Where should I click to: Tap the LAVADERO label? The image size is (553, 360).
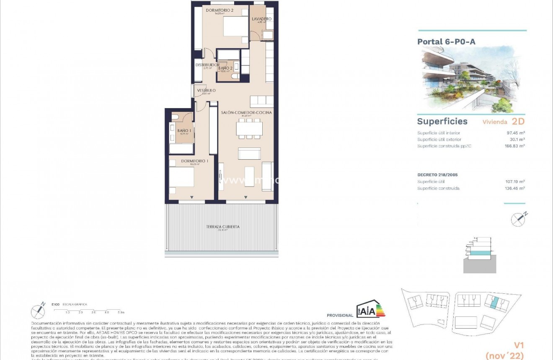tap(261, 19)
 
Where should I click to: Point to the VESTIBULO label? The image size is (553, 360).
tap(206, 91)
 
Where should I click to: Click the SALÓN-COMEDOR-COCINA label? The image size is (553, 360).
tap(246, 113)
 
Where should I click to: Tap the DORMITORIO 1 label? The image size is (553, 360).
tap(195, 161)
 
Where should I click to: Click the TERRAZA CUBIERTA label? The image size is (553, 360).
tap(223, 227)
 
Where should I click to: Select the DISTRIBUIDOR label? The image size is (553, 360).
tap(207, 65)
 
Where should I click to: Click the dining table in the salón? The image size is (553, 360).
tap(249, 128)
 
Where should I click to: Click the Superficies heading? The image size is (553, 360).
tap(442, 122)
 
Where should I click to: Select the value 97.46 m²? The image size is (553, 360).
tap(516, 133)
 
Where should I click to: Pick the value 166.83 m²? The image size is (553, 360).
tap(515, 146)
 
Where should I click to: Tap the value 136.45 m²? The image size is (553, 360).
tap(515, 189)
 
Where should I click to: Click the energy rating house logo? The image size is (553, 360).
tap(370, 309)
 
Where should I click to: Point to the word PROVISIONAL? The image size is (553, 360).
tap(340, 316)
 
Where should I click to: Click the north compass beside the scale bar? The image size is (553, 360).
tap(39, 311)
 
